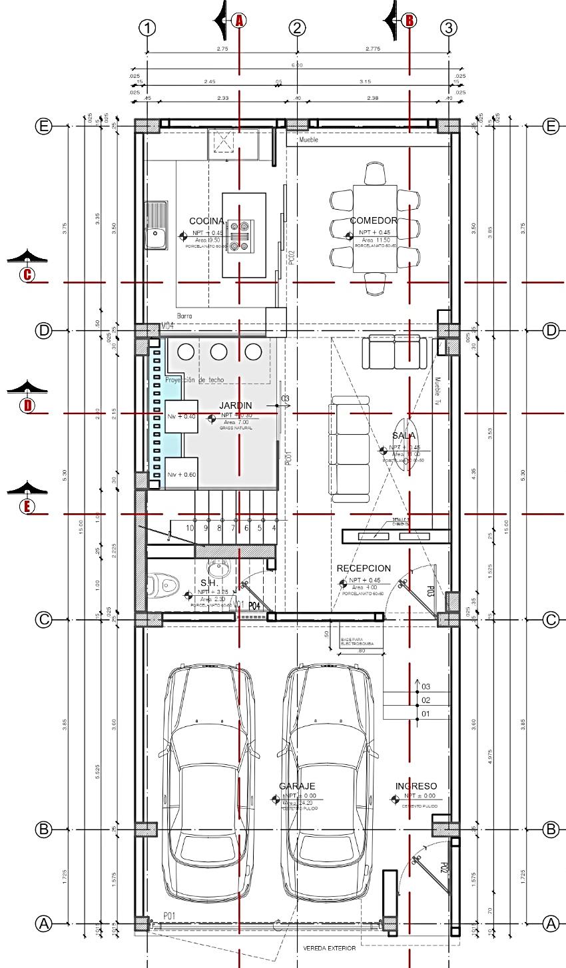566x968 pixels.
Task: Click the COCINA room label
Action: (206, 220)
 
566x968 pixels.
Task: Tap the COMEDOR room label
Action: (374, 220)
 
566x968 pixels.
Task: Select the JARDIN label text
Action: (235, 405)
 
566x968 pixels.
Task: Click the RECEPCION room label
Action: (364, 568)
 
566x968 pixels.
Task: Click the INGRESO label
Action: (416, 786)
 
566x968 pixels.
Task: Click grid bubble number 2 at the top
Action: (297, 28)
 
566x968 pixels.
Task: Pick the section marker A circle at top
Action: (239, 21)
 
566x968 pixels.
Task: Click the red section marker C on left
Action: (27, 274)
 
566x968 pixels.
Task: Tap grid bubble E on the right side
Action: (550, 126)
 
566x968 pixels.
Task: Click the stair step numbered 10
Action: (190, 528)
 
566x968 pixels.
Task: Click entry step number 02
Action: (426, 700)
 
